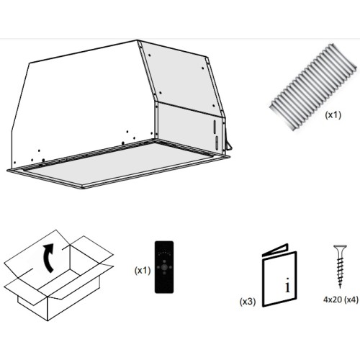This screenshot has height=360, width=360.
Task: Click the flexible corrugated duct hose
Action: tap(312, 87)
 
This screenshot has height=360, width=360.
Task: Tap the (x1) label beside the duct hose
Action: tap(333, 115)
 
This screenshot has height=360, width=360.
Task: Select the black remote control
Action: tap(164, 267)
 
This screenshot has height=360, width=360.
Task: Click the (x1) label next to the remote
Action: tap(143, 271)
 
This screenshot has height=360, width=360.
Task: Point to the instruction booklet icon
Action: tap(279, 275)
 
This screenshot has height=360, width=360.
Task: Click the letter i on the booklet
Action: tap(287, 285)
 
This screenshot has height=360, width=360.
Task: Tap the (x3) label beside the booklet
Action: tap(248, 302)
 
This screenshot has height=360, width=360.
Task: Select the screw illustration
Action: tap(340, 266)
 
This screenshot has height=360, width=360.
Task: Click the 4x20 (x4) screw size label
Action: tap(341, 300)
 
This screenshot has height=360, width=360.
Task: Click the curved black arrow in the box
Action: tap(48, 258)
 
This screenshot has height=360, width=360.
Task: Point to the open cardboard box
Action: tap(59, 275)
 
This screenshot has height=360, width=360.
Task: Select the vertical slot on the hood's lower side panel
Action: tap(215, 127)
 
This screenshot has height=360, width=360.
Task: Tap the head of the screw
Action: tap(340, 247)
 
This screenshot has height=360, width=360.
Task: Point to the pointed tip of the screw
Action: tap(340, 287)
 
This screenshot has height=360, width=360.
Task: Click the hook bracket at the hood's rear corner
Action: tap(228, 145)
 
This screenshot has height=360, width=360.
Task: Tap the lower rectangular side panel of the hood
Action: tap(189, 127)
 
